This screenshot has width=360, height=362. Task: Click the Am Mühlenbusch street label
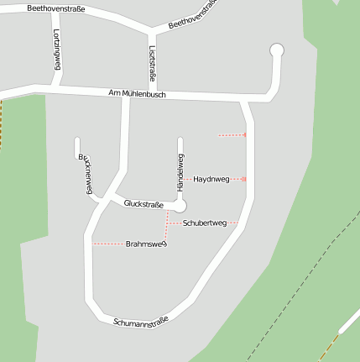[137, 94]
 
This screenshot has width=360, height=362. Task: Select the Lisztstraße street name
[152, 63]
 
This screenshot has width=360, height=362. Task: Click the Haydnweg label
[211, 179]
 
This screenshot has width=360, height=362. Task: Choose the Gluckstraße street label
[143, 204]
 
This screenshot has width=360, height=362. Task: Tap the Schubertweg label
[205, 223]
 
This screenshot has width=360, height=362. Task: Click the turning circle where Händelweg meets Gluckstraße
[179, 205]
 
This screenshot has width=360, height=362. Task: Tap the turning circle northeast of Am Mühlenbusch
[277, 51]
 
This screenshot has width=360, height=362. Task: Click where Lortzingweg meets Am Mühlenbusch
[59, 84]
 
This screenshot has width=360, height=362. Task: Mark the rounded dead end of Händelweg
[180, 140]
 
